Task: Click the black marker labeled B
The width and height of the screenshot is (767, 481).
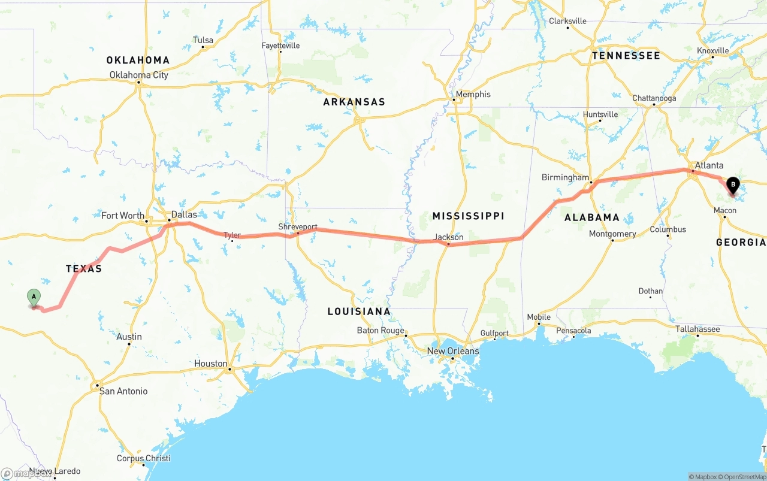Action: pos(732,185)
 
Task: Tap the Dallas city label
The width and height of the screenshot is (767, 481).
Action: pos(184,214)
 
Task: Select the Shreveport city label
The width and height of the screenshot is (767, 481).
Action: pos(298,227)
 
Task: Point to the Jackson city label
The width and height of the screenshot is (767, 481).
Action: pos(449,237)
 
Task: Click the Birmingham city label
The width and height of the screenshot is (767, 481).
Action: pos(565,177)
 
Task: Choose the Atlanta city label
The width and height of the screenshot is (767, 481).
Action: pos(709,165)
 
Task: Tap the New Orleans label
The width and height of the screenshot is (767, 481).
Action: pos(453,351)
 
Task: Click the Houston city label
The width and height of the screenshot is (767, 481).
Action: pos(211,364)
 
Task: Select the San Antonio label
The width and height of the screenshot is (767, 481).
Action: pos(123,391)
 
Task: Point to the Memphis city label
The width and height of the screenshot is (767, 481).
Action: pos(473,94)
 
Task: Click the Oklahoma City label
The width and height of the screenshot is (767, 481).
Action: pos(139,75)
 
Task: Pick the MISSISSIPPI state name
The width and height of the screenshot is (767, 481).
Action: pos(469,216)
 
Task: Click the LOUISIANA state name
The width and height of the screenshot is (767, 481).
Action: pos(359,311)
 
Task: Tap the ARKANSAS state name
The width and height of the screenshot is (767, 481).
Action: pos(354,102)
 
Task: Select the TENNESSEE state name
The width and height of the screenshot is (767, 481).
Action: pos(626,56)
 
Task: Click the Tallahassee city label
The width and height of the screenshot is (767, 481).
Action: pos(698,329)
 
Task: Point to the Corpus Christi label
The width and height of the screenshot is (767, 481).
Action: pos(143,458)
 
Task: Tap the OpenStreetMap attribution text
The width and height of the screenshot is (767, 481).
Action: pos(742,477)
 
